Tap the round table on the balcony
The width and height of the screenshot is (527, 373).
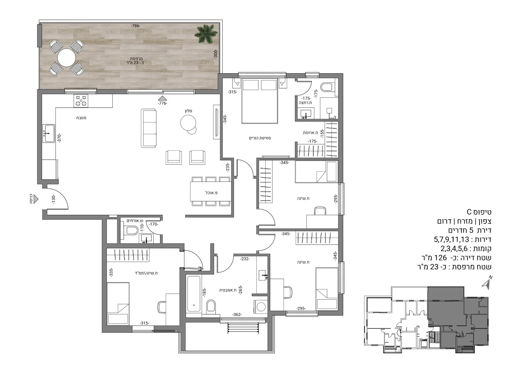pos(67,57)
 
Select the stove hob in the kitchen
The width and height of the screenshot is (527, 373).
pos(81,101)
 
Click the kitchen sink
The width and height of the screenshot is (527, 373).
pos(49,134)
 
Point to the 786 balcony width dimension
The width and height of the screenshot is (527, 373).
pos(136,26)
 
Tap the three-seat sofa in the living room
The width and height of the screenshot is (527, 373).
pos(149,128)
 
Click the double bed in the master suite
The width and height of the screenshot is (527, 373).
pos(260,101)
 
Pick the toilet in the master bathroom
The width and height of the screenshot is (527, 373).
pos(328,87)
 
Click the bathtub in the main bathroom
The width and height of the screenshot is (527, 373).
pos(194,294)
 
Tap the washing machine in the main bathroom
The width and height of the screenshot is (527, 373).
pos(261,307)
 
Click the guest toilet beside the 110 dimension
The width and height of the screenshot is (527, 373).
pos(131,230)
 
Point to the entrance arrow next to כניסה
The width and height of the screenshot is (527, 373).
pos(36,200)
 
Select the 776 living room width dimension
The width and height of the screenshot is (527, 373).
pos(162,103)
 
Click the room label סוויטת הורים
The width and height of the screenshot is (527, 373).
pos(260,138)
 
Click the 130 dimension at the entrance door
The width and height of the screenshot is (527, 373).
pos(53,200)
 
